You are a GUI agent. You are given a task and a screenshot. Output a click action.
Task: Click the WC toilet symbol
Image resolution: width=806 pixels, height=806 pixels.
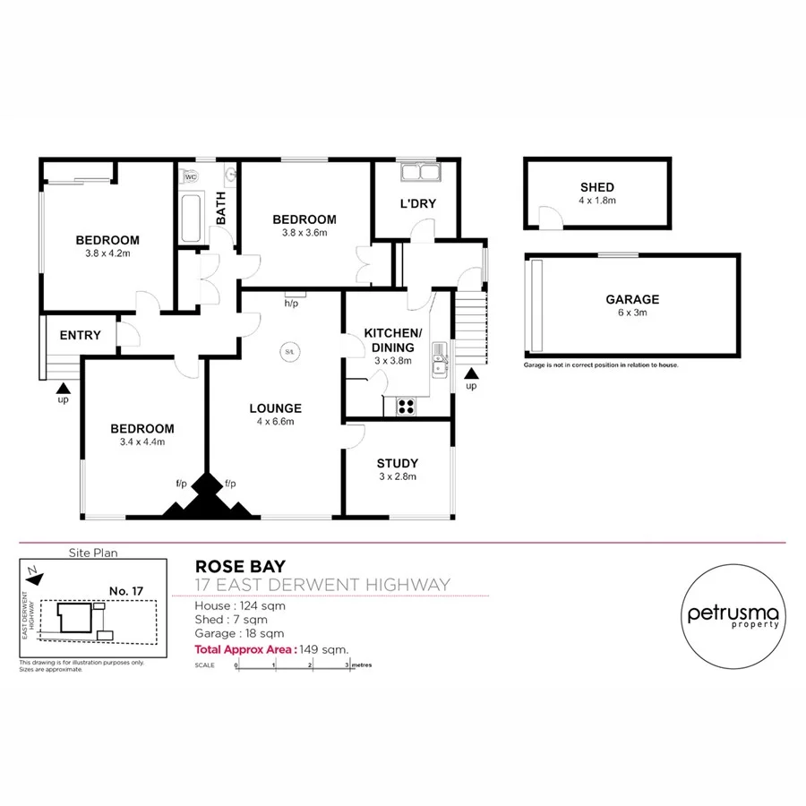coord(191,176)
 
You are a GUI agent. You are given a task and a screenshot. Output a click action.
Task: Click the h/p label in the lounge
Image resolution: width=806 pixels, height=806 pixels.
coord(291,304)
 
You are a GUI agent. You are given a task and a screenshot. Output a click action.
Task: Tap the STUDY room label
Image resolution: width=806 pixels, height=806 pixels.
coord(397,463)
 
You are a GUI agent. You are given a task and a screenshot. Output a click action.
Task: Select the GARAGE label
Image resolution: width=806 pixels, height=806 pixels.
coord(632,300)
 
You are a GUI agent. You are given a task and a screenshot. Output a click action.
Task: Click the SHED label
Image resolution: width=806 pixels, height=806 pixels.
coord(597,187)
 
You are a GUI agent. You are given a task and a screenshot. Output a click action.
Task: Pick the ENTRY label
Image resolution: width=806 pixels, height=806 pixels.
coord(80,336)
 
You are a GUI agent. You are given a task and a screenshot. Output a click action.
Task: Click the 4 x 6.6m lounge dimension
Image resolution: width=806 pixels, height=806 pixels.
coord(275,422)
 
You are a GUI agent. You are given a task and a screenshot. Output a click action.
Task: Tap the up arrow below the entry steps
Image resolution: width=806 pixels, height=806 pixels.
coord(62,388)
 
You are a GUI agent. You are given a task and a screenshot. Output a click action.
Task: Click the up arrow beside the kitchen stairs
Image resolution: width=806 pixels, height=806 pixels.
coord(471,372)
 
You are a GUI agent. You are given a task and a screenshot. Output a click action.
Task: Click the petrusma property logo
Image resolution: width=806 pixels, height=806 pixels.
coord(733,616)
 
